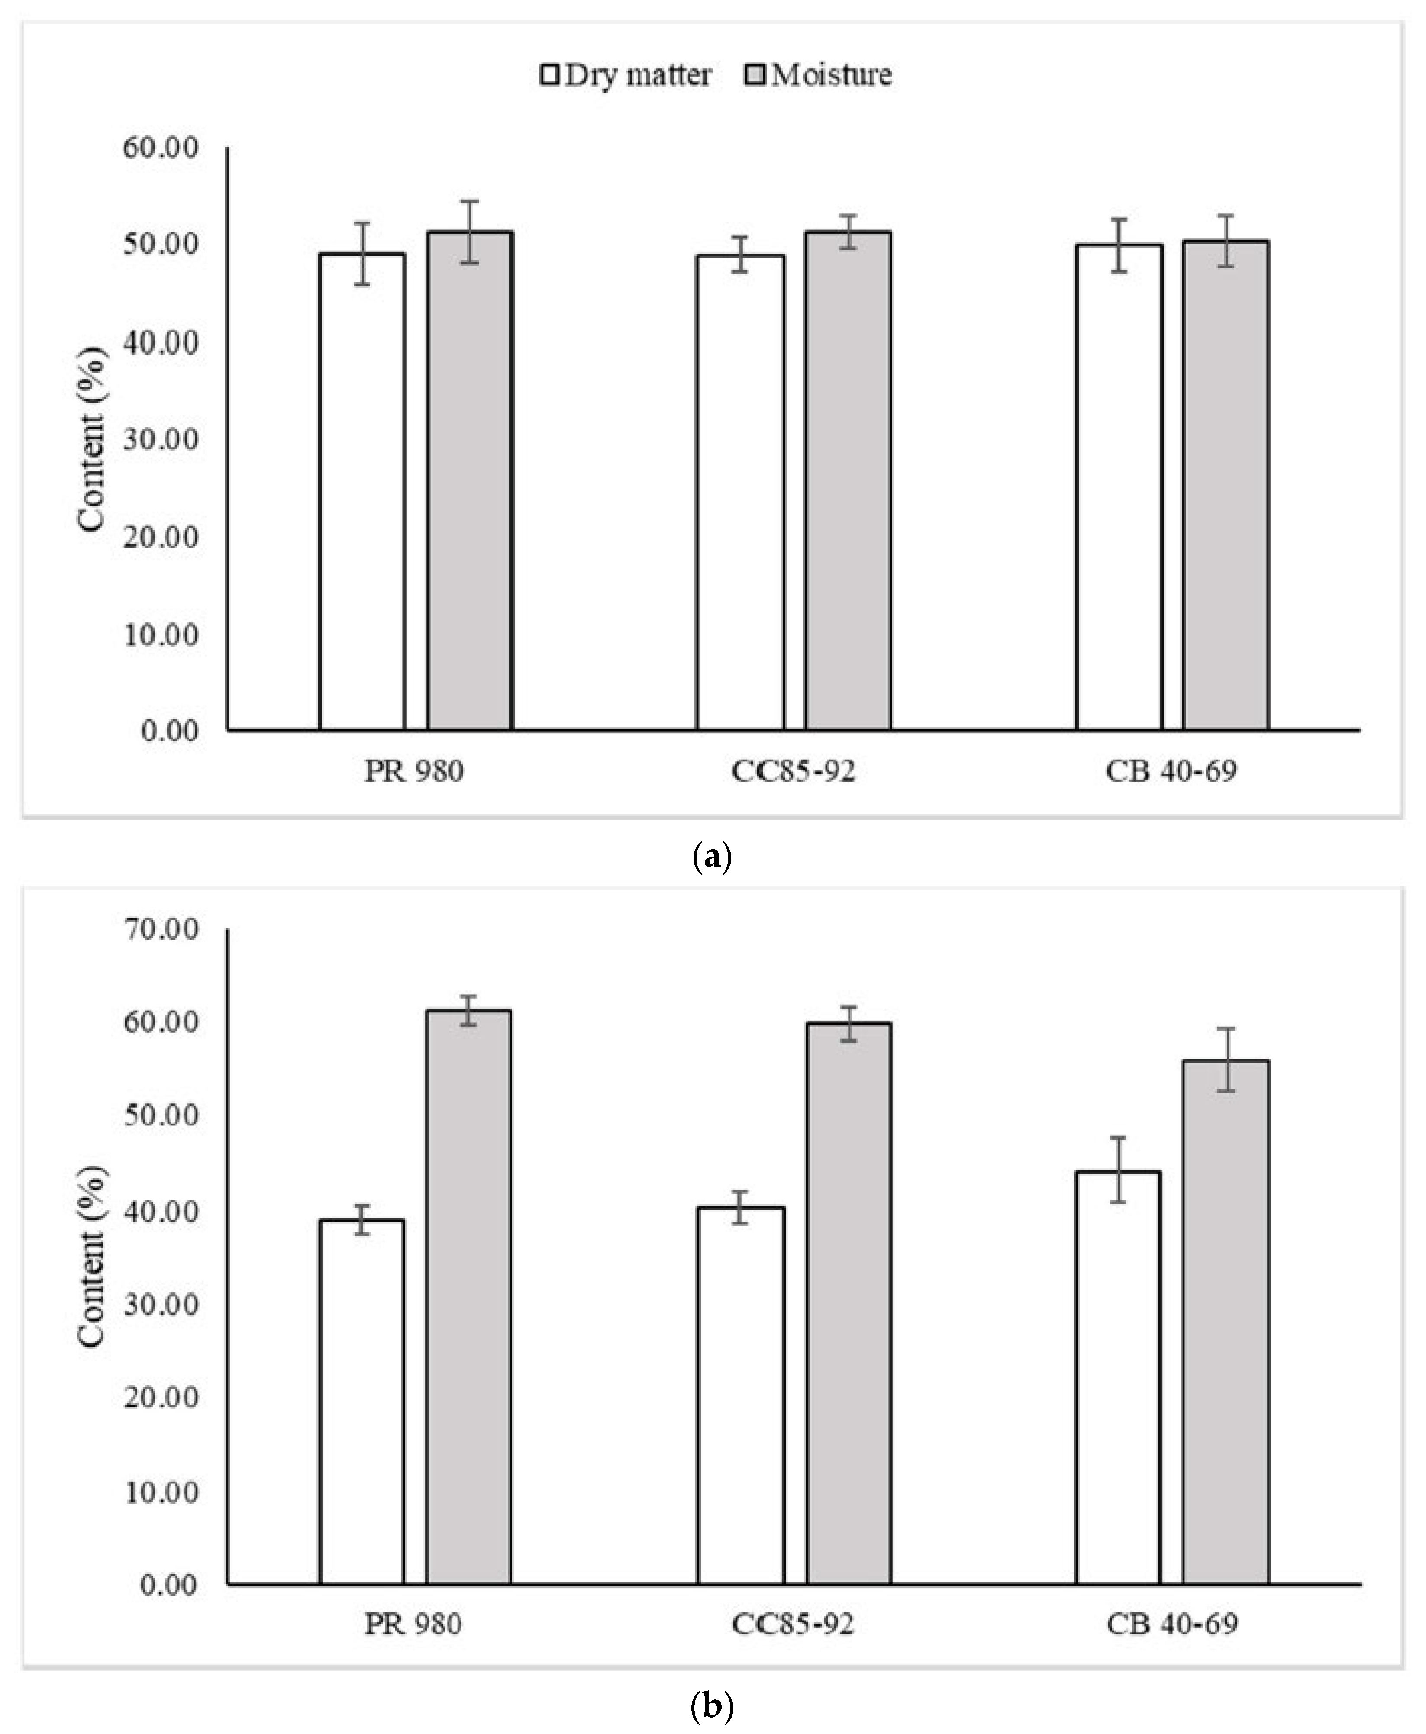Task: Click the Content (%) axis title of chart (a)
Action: (92, 439)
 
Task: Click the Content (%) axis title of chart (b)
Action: (92, 1257)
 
